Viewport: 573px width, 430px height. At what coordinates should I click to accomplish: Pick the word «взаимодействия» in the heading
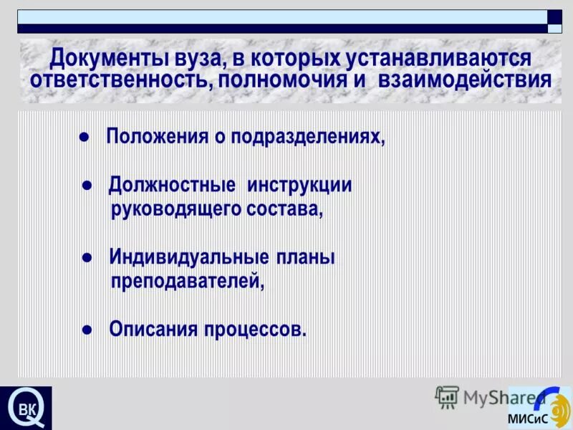tap(460, 79)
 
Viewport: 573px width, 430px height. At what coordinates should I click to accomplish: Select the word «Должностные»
tap(173, 186)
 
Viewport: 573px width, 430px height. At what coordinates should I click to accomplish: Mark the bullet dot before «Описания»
tap(86, 330)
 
